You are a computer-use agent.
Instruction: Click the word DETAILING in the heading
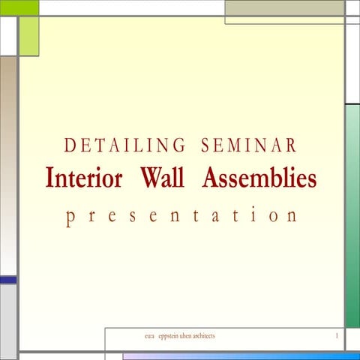[125, 145]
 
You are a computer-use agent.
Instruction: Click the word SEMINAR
[249, 145]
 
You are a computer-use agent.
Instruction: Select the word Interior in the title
[84, 179]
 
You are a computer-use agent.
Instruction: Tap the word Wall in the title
[162, 179]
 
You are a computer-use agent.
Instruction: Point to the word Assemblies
[259, 179]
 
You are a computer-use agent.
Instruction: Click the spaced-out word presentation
[181, 216]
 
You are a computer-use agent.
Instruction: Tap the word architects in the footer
[209, 336]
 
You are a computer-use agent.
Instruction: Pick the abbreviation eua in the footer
[148, 336]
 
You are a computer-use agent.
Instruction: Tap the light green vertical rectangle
[28, 36]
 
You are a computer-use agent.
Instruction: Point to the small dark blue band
[7, 280]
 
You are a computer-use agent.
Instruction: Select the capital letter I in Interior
[49, 179]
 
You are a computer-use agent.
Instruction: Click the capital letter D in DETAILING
[70, 145]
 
